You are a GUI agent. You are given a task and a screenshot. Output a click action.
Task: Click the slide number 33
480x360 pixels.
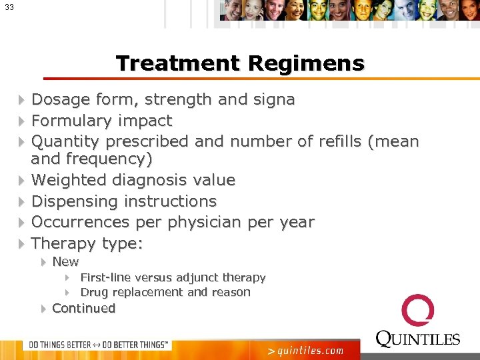click(x=9, y=7)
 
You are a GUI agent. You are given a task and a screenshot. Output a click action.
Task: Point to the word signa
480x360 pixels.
click(x=273, y=100)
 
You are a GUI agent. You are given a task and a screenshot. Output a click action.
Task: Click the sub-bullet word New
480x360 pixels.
click(x=65, y=262)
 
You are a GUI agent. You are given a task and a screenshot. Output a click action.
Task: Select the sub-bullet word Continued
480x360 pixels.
click(x=83, y=308)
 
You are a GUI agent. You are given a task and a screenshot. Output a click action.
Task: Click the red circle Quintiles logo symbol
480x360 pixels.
click(x=418, y=311)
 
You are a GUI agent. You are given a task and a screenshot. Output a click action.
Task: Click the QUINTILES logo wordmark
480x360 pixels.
click(x=418, y=339)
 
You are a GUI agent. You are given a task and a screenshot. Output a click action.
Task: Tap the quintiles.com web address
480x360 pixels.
click(x=305, y=350)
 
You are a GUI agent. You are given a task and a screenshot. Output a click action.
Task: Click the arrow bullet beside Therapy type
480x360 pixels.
click(x=21, y=243)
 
